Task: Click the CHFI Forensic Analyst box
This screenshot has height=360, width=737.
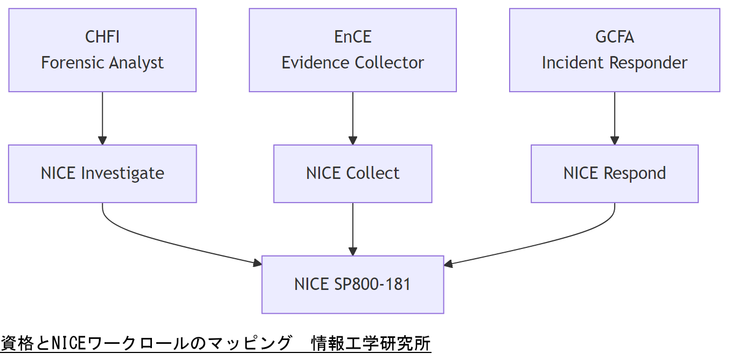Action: tap(102, 50)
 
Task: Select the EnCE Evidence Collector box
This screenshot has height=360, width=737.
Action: tap(352, 50)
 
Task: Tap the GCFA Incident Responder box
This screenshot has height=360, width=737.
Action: tap(614, 50)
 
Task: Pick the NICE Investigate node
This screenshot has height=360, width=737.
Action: tap(102, 174)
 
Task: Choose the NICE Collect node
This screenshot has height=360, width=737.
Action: tap(352, 174)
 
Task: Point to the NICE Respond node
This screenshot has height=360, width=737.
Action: tap(614, 174)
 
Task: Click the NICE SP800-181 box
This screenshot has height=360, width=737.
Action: tap(352, 285)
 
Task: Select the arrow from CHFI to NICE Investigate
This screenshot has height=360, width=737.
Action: tap(102, 119)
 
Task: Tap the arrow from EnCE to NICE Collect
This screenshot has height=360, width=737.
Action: tap(352, 119)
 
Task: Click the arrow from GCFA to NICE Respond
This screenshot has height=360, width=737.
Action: tap(614, 119)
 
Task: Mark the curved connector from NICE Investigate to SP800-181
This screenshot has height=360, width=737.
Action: tap(162, 240)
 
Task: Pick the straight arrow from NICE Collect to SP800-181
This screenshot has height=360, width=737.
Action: tap(352, 229)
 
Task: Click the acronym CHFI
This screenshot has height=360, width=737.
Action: tap(102, 37)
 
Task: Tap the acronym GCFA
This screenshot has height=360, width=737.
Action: tap(614, 37)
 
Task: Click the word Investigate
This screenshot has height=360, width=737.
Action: tap(122, 174)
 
